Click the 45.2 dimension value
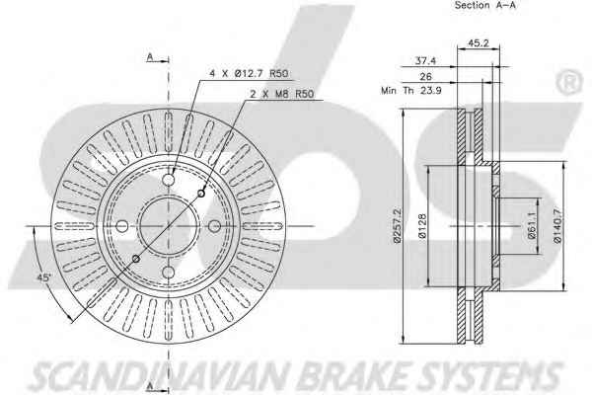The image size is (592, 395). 479,43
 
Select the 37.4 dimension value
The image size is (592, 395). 425,60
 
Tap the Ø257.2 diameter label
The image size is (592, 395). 398,225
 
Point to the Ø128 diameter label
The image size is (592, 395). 422,226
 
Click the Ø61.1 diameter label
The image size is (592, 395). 532,226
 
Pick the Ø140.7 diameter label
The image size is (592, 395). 557,226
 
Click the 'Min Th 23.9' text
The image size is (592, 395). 411,91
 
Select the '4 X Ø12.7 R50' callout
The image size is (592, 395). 249,73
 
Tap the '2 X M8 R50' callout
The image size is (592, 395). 281,94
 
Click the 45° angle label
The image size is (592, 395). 43,277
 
